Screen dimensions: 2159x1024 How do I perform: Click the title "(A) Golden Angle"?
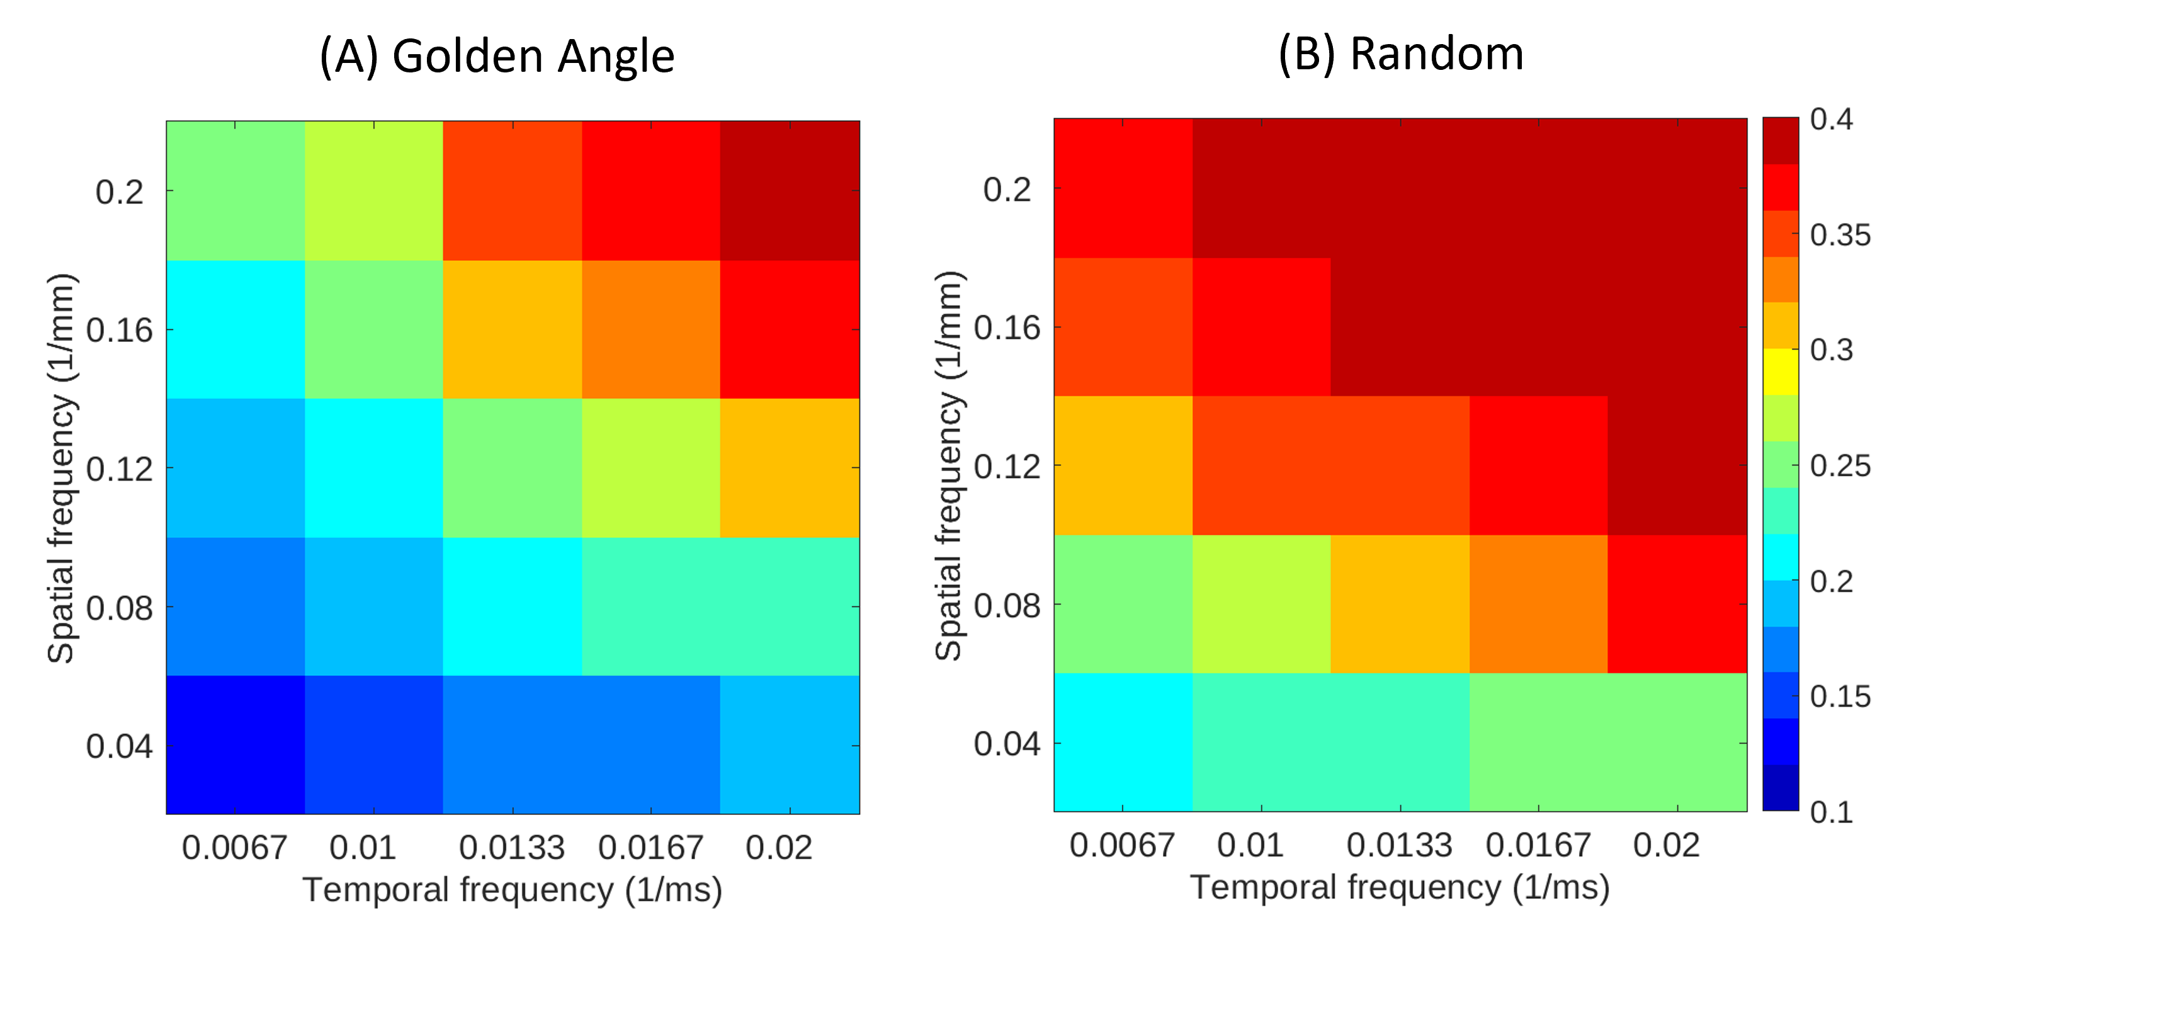point(497,57)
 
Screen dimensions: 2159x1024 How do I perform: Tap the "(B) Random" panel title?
point(1400,54)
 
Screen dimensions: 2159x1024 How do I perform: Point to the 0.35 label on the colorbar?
point(1840,235)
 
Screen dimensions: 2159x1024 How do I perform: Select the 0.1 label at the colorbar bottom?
point(1832,811)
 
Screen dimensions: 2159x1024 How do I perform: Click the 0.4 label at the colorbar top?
point(1832,119)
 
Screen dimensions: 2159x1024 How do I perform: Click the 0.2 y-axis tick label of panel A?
point(120,192)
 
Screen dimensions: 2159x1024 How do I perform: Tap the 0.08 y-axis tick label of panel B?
point(1007,605)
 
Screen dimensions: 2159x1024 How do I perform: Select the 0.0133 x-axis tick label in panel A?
point(512,848)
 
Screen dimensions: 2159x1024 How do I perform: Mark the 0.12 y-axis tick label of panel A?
point(119,469)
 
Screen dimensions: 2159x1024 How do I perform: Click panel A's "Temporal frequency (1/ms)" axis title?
point(512,890)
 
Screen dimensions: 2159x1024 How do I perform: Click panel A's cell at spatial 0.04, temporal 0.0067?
point(235,745)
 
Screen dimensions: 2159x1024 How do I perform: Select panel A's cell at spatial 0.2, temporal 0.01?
point(374,190)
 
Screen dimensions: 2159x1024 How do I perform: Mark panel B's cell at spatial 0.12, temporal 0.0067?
point(1123,465)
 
